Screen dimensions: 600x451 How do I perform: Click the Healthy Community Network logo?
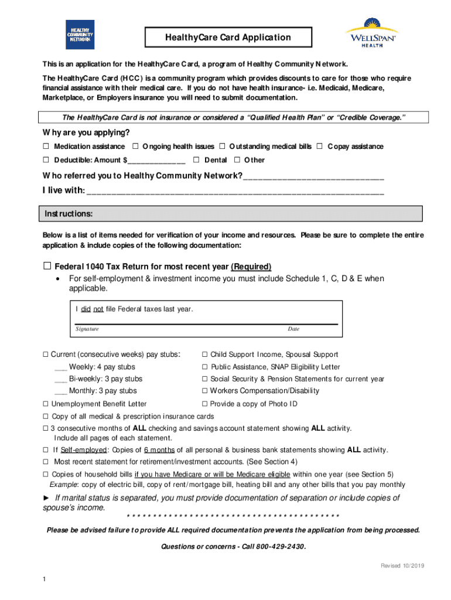click(80, 35)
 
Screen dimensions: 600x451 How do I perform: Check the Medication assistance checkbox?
click(46, 146)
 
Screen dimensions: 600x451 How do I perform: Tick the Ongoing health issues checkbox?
click(135, 146)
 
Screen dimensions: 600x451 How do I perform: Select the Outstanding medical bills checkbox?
click(222, 146)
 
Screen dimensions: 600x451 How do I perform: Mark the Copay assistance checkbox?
click(319, 146)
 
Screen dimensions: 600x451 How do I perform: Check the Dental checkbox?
click(197, 160)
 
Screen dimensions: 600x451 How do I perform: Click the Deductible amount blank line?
click(156, 161)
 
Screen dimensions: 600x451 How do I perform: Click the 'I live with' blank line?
click(234, 192)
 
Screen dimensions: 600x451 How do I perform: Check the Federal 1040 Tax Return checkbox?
click(47, 265)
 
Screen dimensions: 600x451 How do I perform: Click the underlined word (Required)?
click(251, 266)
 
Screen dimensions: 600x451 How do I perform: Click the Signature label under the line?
click(87, 329)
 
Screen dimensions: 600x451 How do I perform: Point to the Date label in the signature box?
click(293, 329)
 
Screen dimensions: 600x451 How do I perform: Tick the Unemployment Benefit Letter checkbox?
click(45, 404)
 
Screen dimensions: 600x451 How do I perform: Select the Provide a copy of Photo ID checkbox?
click(205, 404)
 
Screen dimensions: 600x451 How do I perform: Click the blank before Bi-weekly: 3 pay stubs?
click(60, 380)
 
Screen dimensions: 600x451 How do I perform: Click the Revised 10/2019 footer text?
click(402, 565)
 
